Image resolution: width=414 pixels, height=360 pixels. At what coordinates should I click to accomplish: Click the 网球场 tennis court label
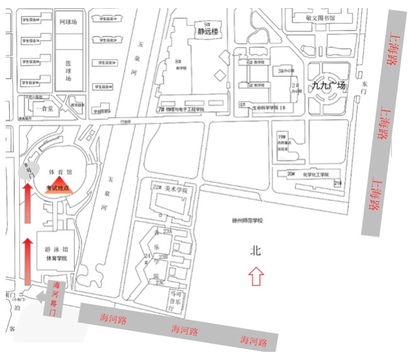[x=68, y=22]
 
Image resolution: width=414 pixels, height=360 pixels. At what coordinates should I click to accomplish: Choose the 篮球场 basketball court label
[x=68, y=70]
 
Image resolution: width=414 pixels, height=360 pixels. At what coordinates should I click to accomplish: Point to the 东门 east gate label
[x=366, y=86]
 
